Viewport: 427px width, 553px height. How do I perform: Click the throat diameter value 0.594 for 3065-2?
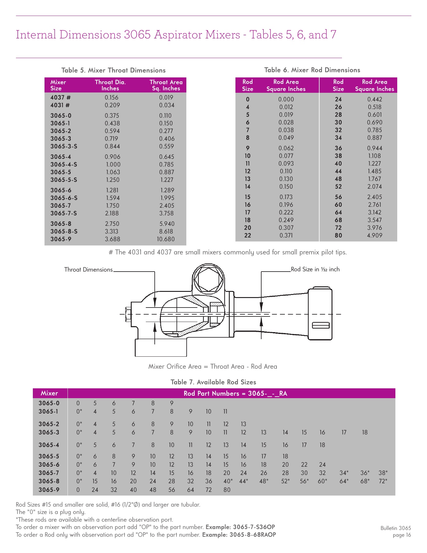tap(112, 131)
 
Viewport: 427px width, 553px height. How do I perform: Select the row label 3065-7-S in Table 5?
tap(64, 213)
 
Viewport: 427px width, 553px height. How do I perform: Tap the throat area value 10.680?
tap(165, 239)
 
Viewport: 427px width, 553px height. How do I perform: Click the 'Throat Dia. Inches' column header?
tap(110, 85)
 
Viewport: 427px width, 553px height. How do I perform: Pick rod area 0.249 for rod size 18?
tap(286, 220)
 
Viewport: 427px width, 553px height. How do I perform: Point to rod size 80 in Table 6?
tap(338, 235)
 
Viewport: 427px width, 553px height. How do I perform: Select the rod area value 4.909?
tap(375, 235)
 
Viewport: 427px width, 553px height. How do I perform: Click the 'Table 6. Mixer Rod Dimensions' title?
tap(312, 70)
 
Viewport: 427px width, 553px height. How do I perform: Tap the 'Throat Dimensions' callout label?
tap(88, 270)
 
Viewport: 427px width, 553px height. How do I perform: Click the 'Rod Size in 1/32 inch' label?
tap(315, 269)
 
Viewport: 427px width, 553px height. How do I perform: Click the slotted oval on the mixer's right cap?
tap(321, 325)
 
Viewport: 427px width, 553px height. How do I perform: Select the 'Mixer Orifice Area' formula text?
tap(213, 367)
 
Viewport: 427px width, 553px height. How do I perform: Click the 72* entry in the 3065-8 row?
tap(383, 481)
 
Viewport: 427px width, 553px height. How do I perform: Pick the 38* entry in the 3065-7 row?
tap(383, 473)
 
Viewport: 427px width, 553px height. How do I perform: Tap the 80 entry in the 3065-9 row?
tap(227, 490)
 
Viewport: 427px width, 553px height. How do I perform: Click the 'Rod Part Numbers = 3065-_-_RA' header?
tap(235, 394)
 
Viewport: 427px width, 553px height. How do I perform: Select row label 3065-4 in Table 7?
tap(49, 445)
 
